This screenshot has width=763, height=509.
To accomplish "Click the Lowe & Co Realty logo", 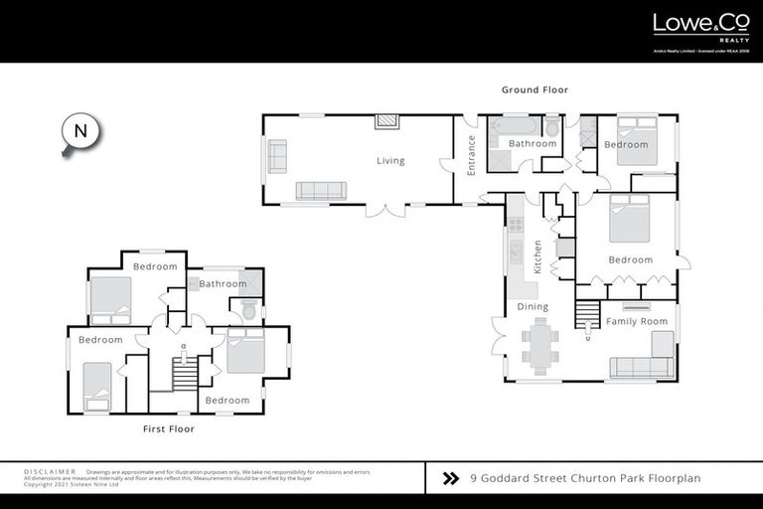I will click(692, 26).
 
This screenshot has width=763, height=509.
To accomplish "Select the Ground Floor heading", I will click(534, 90).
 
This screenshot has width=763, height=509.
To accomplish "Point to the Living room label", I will click(390, 161).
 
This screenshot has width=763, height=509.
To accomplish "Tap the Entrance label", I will click(472, 155).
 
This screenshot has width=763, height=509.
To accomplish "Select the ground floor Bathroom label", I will click(533, 144).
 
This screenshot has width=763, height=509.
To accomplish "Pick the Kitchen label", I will click(537, 256).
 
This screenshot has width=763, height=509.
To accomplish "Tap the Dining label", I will click(533, 307).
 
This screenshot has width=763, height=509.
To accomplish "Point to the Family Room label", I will click(637, 322).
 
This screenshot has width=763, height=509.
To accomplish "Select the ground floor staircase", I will click(588, 316).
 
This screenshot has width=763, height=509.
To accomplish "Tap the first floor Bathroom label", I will click(223, 284).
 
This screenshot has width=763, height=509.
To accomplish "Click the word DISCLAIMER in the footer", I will click(49, 472).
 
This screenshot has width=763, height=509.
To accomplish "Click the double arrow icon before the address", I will click(451, 478).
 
